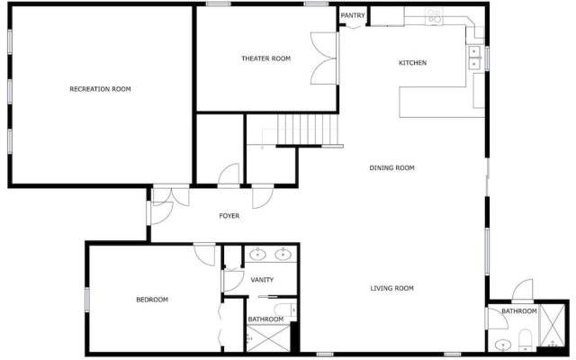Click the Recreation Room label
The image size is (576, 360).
[x=100, y=89]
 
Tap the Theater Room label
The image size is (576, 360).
[x=266, y=58]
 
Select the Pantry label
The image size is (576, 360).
[x=353, y=15]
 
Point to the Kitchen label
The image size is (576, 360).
[x=412, y=63]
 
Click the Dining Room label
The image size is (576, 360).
[x=392, y=168]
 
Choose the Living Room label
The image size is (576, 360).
[x=392, y=288]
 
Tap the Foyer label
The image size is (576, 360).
[x=229, y=216]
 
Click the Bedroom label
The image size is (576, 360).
[x=152, y=300]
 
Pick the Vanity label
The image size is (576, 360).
[x=262, y=280]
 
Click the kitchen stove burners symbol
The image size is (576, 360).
[x=434, y=16]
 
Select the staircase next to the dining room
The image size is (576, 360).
[x=308, y=130]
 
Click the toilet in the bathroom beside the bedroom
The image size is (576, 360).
[x=285, y=310]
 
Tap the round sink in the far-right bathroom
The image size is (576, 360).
[x=502, y=345]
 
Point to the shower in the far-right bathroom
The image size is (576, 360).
[x=553, y=326]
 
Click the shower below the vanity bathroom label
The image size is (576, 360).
[x=268, y=338]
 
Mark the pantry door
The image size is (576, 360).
[x=355, y=26]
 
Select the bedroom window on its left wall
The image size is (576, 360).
[x=87, y=300]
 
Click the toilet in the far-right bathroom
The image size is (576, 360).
[x=526, y=340]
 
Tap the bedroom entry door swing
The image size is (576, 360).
[x=204, y=254]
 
